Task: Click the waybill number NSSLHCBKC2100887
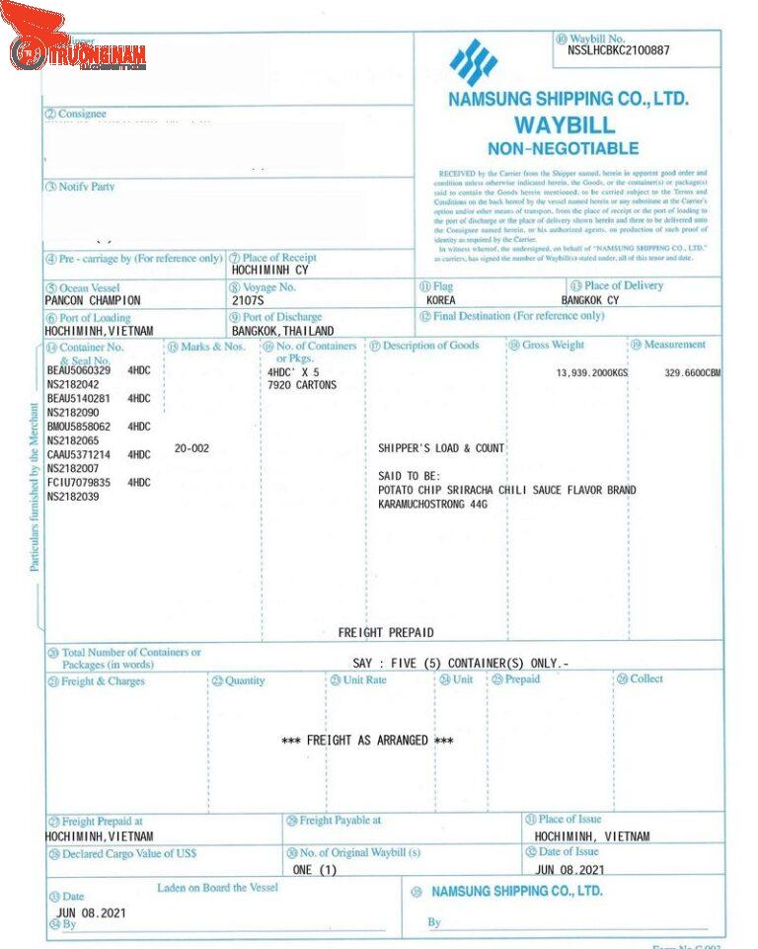pyautogui.click(x=618, y=50)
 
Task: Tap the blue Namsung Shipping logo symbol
pyautogui.click(x=473, y=62)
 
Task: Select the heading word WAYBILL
pyautogui.click(x=564, y=125)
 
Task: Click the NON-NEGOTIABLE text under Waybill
pyautogui.click(x=563, y=149)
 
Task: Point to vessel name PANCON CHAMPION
pyautogui.click(x=93, y=300)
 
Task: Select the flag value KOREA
pyautogui.click(x=441, y=300)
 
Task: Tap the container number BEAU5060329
pyautogui.click(x=79, y=371)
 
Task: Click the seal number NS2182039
pyautogui.click(x=73, y=497)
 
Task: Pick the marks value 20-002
pyautogui.click(x=191, y=448)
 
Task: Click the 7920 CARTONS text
pyautogui.click(x=302, y=385)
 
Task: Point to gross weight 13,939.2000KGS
pyautogui.click(x=592, y=373)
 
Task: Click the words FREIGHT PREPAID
pyautogui.click(x=386, y=633)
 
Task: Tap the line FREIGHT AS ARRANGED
pyautogui.click(x=367, y=741)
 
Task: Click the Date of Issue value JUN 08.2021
pyautogui.click(x=569, y=870)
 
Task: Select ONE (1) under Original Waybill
pyautogui.click(x=315, y=870)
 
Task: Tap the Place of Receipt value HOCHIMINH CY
pyautogui.click(x=269, y=270)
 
